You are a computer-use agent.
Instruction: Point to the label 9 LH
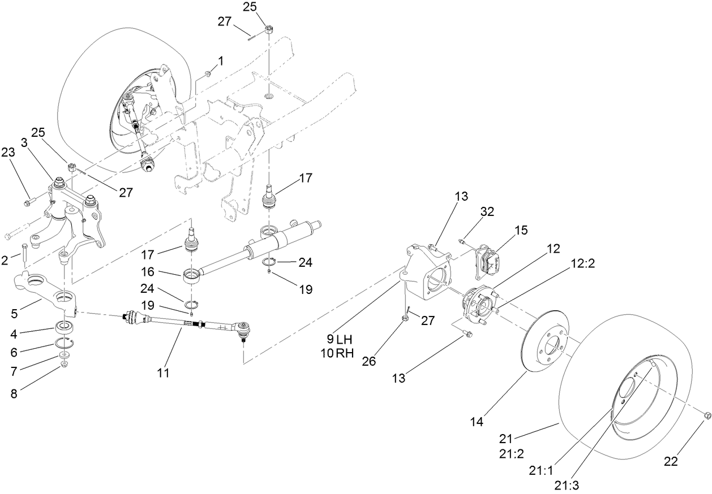click(x=339, y=340)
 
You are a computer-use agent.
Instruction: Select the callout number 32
click(x=487, y=212)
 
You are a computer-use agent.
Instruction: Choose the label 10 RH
click(x=340, y=354)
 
